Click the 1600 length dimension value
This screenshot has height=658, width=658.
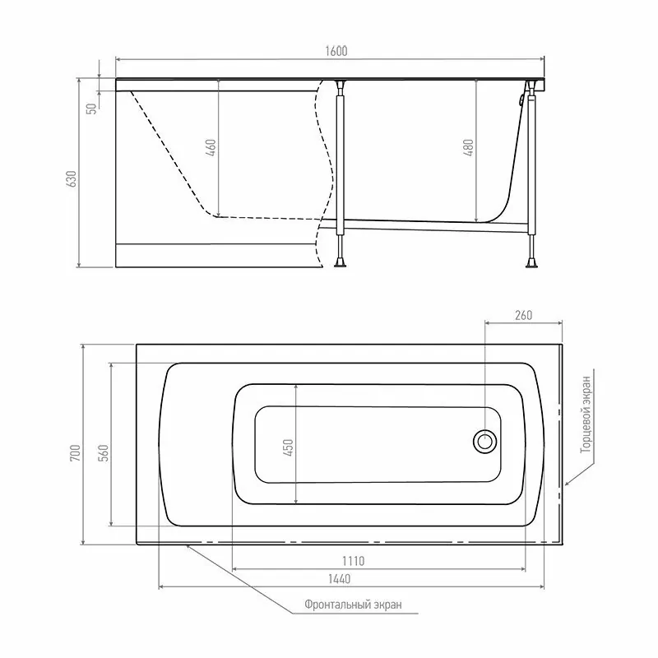[x=336, y=51]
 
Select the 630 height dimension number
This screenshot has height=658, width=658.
[x=72, y=178]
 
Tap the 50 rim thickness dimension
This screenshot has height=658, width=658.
[x=91, y=109]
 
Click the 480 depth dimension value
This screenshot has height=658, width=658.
[x=468, y=148]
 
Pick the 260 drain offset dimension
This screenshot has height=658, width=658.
[x=523, y=315]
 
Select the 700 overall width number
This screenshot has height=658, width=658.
[x=75, y=453]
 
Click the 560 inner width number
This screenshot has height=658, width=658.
[x=104, y=453]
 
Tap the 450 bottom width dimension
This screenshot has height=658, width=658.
[x=289, y=447]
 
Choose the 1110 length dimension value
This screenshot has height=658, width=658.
[x=354, y=561]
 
